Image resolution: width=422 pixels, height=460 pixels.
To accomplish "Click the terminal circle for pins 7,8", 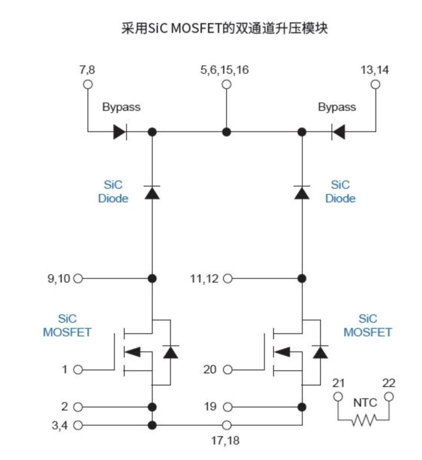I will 88,84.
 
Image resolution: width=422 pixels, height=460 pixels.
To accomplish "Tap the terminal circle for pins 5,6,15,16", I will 226,84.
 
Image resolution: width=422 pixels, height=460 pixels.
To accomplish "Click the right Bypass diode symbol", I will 338,132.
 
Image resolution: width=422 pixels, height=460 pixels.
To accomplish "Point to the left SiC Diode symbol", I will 152,193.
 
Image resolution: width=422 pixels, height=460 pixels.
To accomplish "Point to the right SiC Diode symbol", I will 302,193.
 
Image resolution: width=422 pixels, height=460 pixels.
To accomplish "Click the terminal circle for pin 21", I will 338,396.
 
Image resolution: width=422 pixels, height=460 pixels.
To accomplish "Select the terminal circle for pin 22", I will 389,396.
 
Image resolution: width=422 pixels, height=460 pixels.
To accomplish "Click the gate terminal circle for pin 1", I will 78,370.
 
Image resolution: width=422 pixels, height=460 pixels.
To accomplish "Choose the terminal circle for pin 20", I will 227,370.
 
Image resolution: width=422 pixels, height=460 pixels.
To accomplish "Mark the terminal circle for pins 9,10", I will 78,278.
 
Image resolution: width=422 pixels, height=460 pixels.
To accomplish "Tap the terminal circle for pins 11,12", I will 227,278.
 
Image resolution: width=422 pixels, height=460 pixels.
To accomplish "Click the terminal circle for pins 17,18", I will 227,425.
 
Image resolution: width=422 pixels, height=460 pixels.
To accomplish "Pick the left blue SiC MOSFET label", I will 67,326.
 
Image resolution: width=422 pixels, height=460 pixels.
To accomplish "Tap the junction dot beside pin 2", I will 152,407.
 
